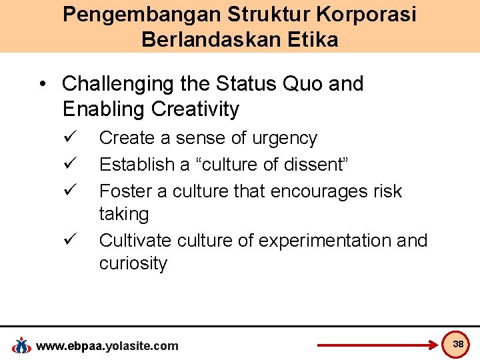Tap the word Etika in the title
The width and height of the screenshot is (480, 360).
tap(310, 40)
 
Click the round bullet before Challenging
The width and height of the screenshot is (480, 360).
tap(43, 85)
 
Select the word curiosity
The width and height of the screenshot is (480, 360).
tap(133, 263)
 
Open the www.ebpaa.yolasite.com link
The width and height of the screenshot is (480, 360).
tap(107, 345)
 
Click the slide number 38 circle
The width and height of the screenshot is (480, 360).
tap(457, 344)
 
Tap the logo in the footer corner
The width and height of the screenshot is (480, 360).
tap(21, 345)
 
